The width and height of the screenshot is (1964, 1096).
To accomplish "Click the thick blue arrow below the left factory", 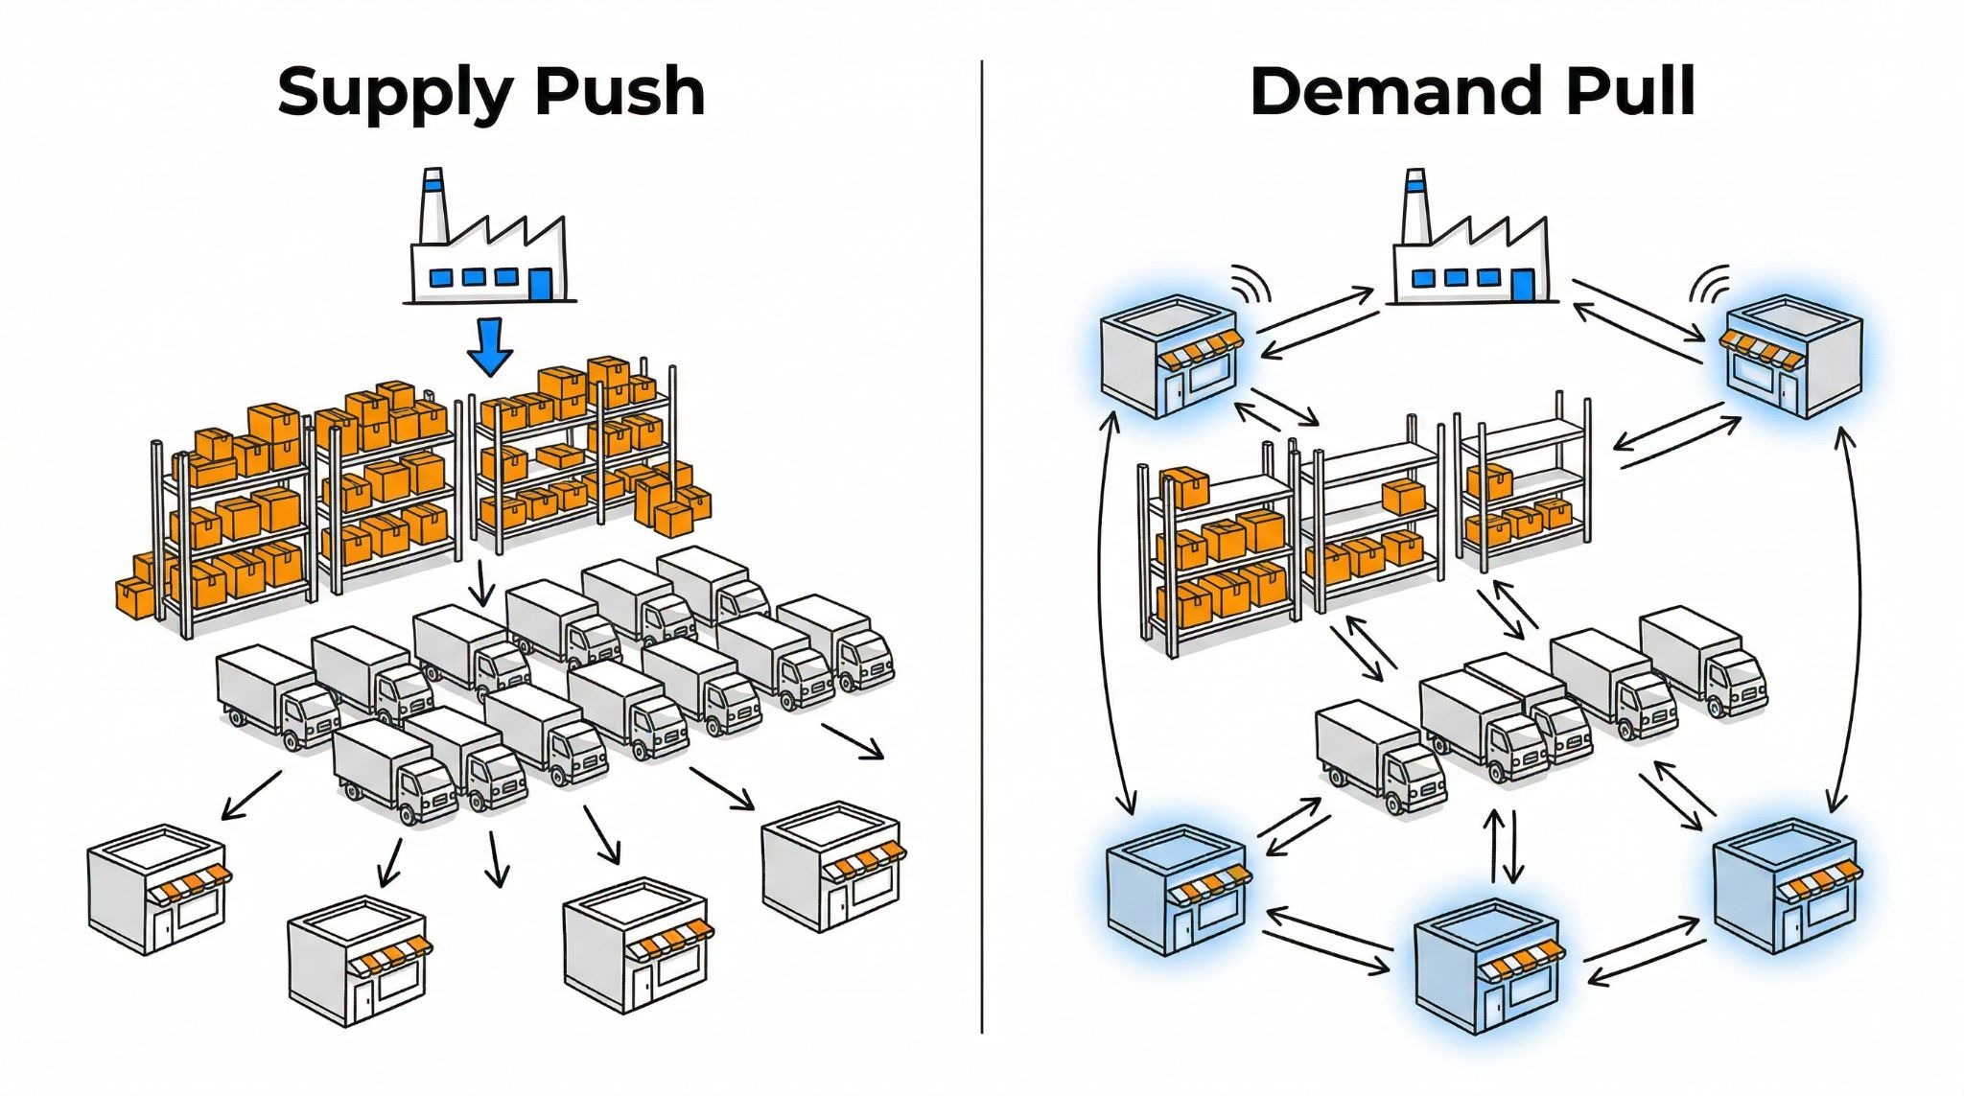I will (490, 347).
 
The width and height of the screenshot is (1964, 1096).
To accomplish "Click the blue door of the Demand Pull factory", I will (1522, 284).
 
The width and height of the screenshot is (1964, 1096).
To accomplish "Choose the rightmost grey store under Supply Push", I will (831, 869).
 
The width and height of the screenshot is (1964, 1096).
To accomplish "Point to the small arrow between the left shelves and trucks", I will (482, 584).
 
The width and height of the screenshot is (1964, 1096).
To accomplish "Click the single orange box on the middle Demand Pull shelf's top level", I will (1404, 497).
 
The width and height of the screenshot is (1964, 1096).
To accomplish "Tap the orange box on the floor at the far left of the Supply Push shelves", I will (135, 595).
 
